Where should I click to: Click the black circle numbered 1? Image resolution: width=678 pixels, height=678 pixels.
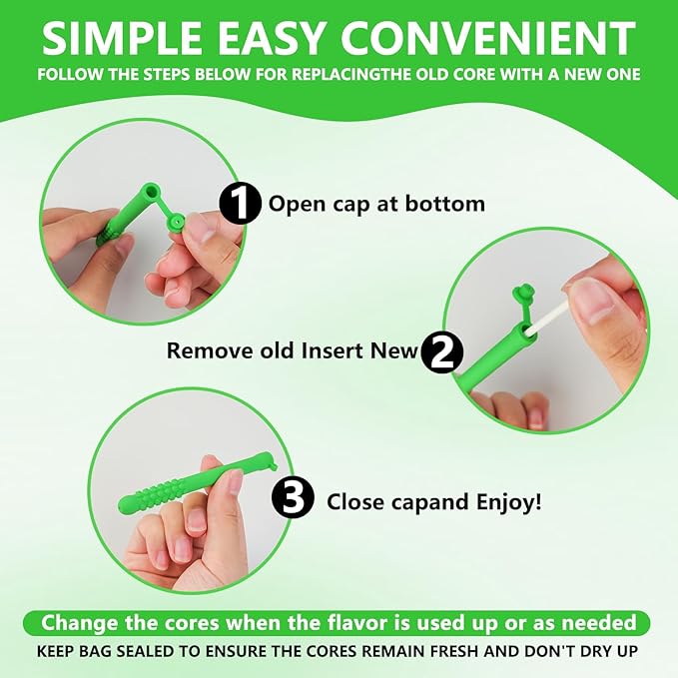(x=240, y=203)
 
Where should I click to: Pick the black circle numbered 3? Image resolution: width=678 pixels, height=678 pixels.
(x=294, y=497)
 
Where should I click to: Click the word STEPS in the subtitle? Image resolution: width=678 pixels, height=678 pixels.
(x=167, y=74)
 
